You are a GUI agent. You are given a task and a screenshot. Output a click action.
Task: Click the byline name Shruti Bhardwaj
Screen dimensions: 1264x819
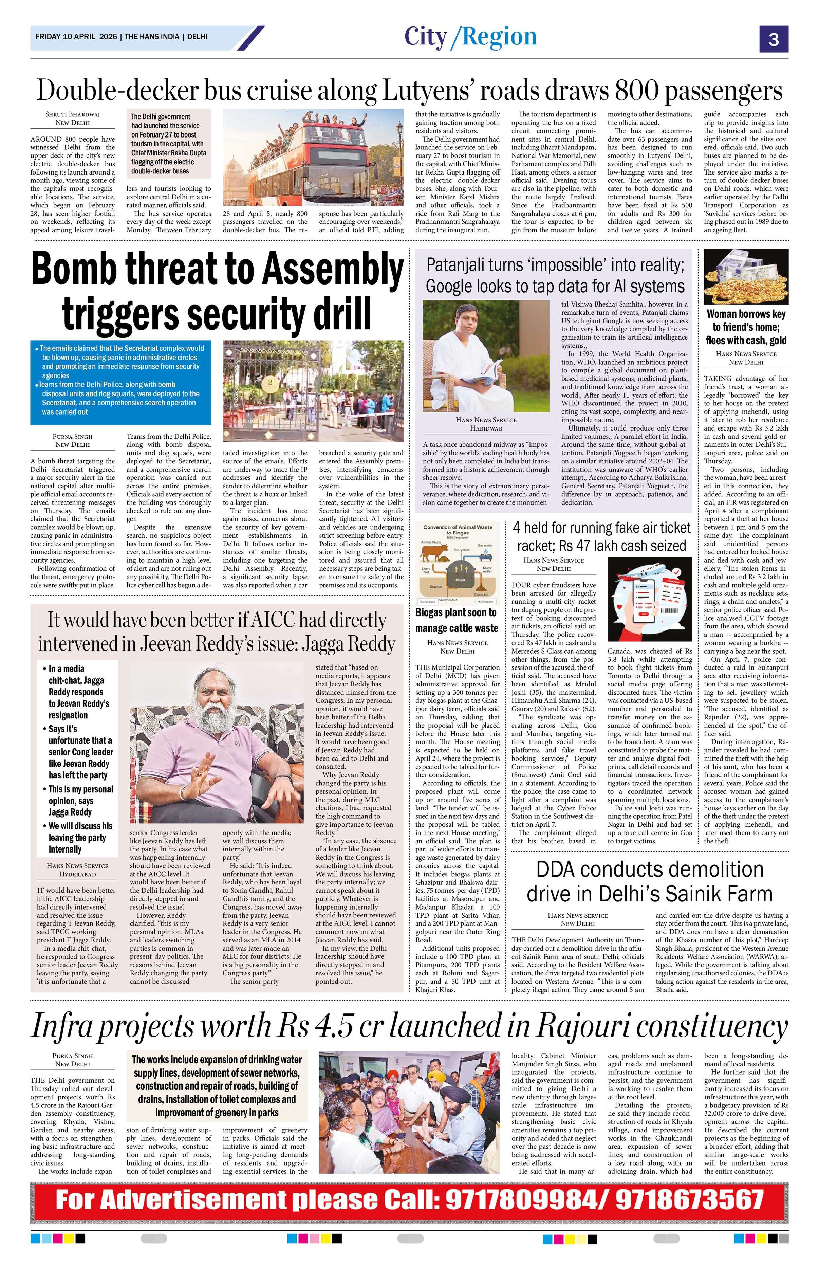tap(73, 114)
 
